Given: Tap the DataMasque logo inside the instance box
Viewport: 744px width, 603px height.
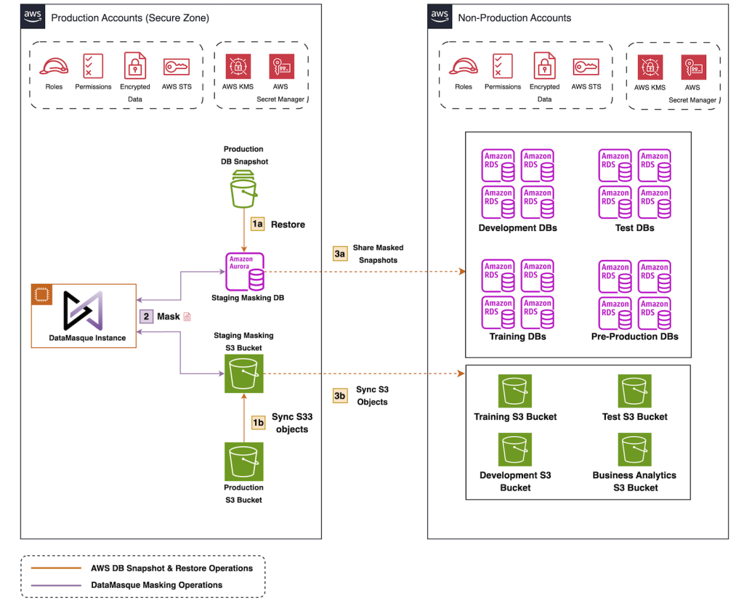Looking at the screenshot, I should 83,311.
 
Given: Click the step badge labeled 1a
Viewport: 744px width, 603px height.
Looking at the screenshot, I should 257,224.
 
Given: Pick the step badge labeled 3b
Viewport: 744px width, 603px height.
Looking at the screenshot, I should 339,395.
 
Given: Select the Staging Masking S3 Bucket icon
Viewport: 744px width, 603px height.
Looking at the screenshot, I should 244,373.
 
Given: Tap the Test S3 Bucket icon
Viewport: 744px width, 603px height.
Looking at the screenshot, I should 635,391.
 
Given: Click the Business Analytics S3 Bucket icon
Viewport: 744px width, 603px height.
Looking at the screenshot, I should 635,450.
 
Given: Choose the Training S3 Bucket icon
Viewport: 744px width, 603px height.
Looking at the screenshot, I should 515,391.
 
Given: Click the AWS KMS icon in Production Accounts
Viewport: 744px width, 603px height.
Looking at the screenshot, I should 237,68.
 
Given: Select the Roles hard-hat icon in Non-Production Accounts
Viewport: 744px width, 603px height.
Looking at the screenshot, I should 464,68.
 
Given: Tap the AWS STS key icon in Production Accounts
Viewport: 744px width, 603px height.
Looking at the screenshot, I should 177,68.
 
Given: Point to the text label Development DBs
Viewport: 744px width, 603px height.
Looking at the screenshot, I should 517,228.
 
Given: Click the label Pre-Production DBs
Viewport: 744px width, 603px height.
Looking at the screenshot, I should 635,336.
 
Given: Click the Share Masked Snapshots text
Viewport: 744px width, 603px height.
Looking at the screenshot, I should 378,254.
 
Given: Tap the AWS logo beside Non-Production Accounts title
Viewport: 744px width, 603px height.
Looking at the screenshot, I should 440,15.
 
